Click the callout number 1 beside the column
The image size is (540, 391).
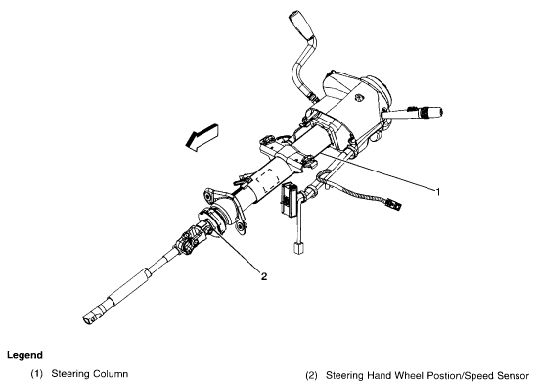(x=437, y=192)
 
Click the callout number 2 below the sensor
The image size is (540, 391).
(x=264, y=276)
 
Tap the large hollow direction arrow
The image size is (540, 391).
(x=202, y=137)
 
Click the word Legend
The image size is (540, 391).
(x=24, y=355)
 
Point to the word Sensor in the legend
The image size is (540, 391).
(x=514, y=375)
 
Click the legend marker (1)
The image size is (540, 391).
(x=37, y=374)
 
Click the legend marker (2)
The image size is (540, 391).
(x=311, y=376)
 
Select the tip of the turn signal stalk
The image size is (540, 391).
(x=438, y=112)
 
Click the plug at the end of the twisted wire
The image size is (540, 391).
(x=393, y=203)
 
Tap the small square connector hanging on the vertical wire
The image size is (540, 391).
(x=298, y=249)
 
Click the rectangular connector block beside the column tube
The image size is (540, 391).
(x=289, y=201)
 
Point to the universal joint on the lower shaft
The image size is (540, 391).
(x=189, y=240)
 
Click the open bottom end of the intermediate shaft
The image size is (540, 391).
(x=87, y=319)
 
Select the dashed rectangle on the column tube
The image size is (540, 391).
(x=268, y=180)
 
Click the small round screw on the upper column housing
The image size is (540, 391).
(x=359, y=98)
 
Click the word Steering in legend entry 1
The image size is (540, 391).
(x=68, y=374)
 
